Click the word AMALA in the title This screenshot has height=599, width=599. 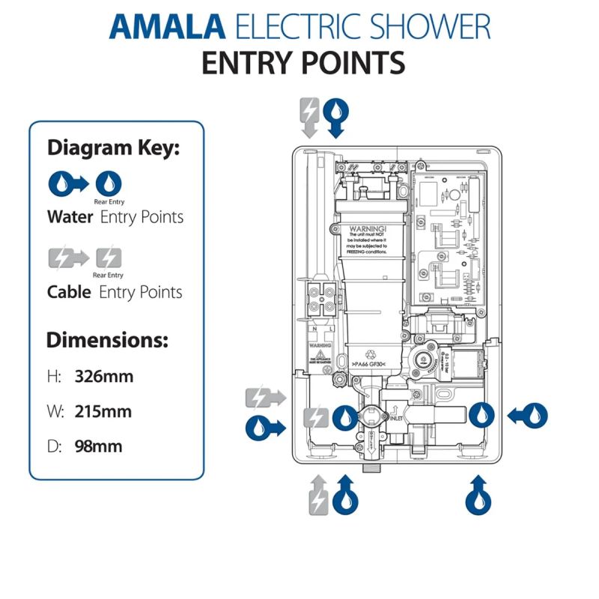tap(166, 26)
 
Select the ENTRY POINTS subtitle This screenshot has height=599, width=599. tap(303, 64)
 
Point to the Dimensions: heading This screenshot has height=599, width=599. tap(107, 340)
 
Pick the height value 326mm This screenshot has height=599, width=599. tap(104, 376)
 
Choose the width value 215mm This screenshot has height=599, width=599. tap(104, 411)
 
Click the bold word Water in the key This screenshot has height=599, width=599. tap(70, 217)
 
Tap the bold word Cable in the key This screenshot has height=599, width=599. tap(70, 291)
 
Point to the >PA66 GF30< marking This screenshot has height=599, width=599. tap(372, 364)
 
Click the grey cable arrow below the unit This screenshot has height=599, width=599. tap(318, 494)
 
